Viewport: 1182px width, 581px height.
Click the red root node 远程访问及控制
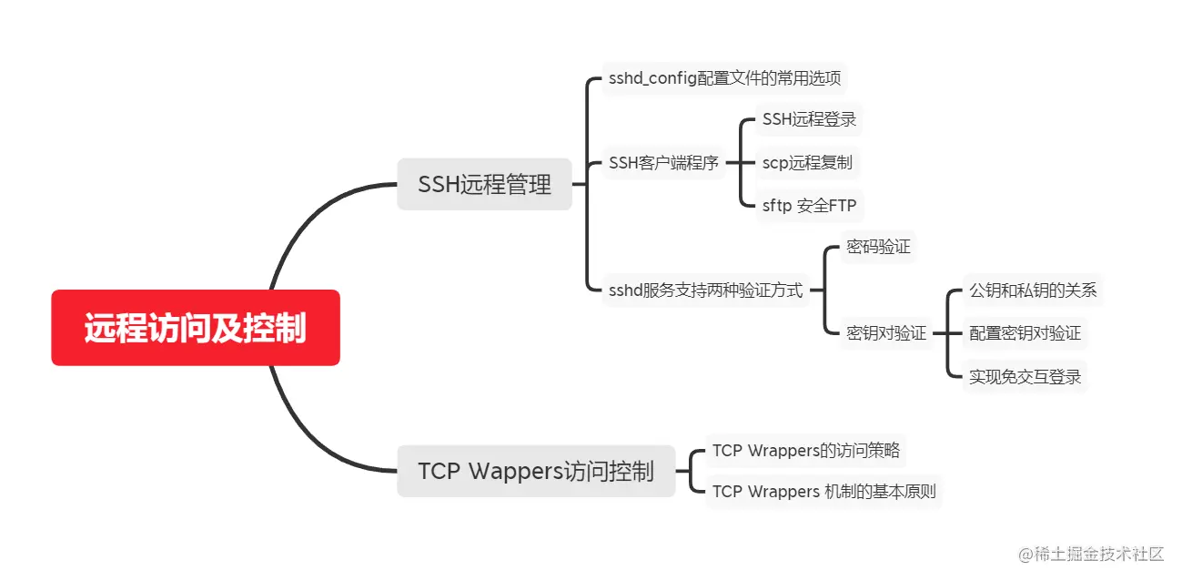coord(196,328)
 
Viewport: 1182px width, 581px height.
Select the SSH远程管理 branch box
coord(484,185)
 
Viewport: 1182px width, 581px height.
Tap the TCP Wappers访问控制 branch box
coord(536,471)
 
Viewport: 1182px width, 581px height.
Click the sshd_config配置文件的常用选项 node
coord(724,78)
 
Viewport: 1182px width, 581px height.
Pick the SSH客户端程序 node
coord(664,163)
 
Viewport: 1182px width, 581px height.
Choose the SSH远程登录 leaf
coord(809,119)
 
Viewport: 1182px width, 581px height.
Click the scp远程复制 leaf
coord(807,163)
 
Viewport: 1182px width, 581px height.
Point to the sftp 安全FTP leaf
coord(809,206)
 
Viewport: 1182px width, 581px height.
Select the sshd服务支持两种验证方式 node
coord(706,290)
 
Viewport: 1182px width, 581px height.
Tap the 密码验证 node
coord(878,247)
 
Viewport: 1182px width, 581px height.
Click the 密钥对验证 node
coord(886,333)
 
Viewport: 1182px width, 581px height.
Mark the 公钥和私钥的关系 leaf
coord(1033,290)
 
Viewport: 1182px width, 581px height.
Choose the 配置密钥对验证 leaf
coord(1025,333)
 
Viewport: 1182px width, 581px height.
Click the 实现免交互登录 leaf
coord(1025,376)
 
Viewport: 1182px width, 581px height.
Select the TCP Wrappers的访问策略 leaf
coord(806,450)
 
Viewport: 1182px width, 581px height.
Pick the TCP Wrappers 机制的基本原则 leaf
coord(823,492)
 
